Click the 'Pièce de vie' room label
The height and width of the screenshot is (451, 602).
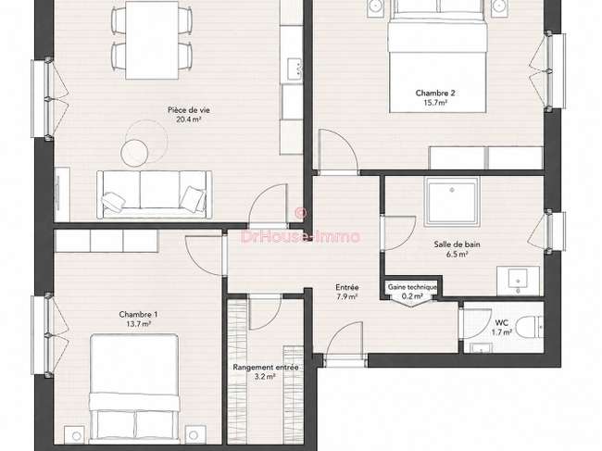(x=189, y=110)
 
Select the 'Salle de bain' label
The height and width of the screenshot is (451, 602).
(x=457, y=244)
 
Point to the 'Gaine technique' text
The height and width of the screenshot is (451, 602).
(x=412, y=287)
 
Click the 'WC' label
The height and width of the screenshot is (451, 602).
(x=502, y=323)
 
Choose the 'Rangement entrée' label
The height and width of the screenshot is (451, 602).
(x=266, y=368)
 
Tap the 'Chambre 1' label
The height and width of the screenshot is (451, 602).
(x=138, y=314)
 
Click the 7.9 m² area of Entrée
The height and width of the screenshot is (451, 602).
(x=347, y=296)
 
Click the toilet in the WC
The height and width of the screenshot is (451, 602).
(x=529, y=328)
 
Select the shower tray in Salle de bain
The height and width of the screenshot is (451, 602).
(x=452, y=202)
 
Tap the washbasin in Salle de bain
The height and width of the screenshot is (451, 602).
(x=518, y=281)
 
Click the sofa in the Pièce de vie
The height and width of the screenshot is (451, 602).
(x=154, y=194)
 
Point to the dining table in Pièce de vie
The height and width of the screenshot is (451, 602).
(x=152, y=41)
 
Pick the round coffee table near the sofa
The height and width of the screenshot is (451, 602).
(x=134, y=153)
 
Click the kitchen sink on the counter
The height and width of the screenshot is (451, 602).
(x=295, y=69)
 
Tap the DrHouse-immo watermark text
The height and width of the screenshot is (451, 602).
(x=301, y=236)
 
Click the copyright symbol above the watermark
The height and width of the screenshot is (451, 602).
(x=301, y=212)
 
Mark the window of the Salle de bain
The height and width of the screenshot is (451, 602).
(x=555, y=231)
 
